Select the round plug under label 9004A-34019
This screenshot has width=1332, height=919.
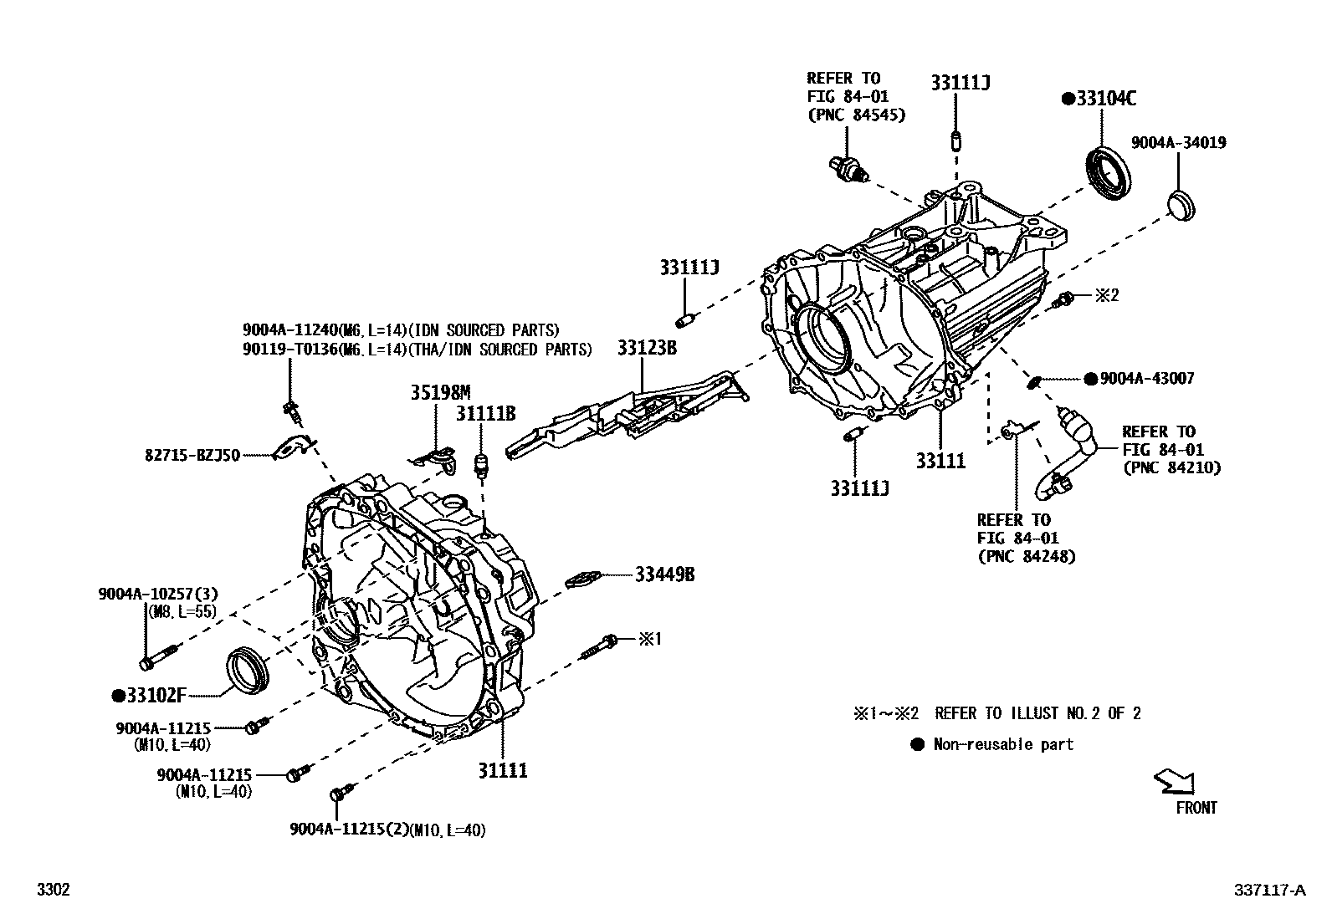pyautogui.click(x=1181, y=205)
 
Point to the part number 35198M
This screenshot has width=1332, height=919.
pyautogui.click(x=440, y=392)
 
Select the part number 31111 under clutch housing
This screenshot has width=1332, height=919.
pyautogui.click(x=503, y=770)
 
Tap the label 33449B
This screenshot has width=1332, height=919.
pyautogui.click(x=664, y=574)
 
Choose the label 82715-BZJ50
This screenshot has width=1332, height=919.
pyautogui.click(x=191, y=456)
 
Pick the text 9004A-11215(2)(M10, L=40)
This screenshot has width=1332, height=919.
pyautogui.click(x=387, y=830)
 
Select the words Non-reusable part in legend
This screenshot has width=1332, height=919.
pyautogui.click(x=1003, y=744)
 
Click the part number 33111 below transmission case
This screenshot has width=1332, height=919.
pyautogui.click(x=940, y=461)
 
